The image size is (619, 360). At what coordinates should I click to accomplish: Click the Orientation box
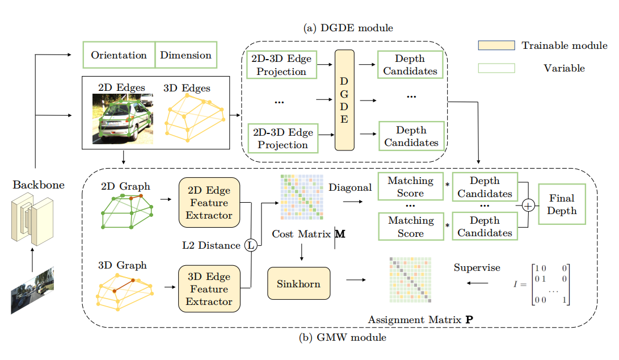[119, 55]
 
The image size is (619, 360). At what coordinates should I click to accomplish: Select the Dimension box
[186, 55]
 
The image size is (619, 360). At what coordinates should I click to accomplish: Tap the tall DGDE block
[344, 100]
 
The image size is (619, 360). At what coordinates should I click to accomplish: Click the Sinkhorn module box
[298, 283]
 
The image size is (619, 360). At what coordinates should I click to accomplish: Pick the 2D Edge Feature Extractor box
[209, 203]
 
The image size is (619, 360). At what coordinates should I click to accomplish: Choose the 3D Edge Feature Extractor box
[209, 289]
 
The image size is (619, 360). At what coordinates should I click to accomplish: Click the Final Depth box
[562, 204]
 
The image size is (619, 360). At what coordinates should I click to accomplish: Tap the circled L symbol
[251, 245]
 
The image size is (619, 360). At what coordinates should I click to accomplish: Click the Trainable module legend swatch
[496, 45]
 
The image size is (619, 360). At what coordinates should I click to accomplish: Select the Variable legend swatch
[496, 68]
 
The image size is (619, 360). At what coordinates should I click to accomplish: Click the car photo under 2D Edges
[123, 119]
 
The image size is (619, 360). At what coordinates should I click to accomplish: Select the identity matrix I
[544, 284]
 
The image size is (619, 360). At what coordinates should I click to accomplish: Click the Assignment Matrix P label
[420, 320]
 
